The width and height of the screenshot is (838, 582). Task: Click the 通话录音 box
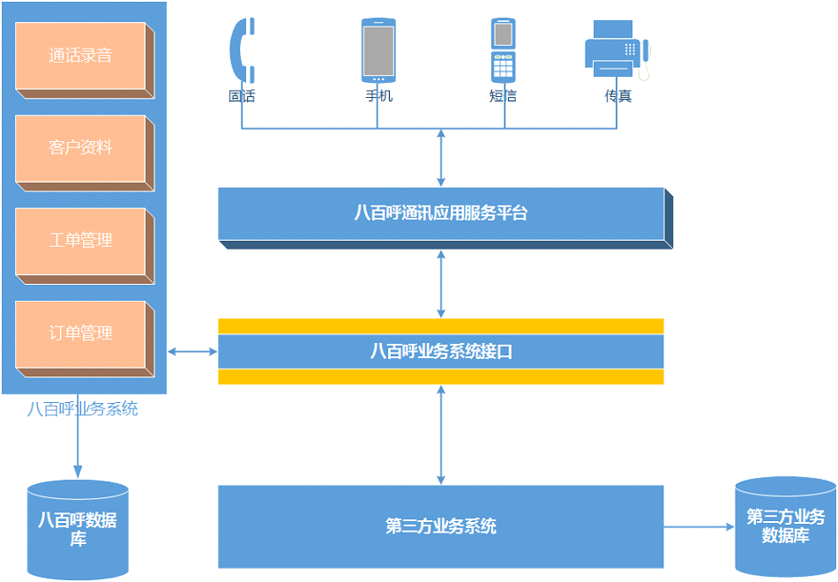81,56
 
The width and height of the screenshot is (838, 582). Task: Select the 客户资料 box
81,148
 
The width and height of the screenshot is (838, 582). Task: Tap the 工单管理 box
81,241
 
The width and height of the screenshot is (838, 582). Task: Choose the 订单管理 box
81,334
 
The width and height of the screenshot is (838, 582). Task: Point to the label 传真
617,96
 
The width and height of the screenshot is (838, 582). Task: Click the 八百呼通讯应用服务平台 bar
441,213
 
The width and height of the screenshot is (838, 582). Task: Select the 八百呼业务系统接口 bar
441,352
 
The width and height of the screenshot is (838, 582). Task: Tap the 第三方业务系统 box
441,526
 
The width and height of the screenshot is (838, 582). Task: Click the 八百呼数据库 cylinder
78,529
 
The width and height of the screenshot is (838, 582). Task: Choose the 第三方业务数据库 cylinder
785,526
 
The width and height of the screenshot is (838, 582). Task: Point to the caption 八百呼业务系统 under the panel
82,409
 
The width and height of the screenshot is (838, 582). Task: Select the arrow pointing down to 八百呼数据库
78,445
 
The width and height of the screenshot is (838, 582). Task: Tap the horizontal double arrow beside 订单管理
192,352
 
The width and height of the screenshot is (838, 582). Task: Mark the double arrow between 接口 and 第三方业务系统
441,435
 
